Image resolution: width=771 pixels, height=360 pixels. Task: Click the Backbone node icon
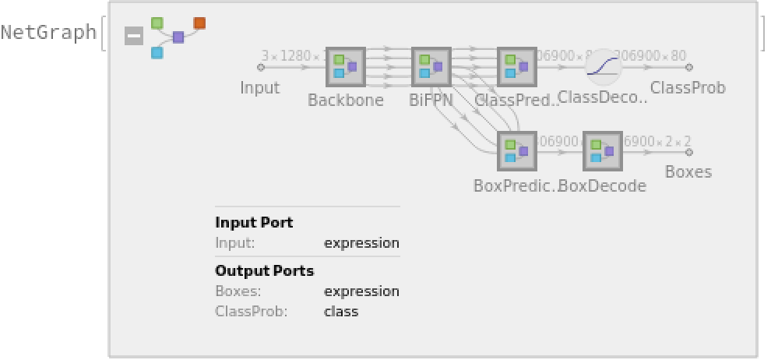(x=345, y=67)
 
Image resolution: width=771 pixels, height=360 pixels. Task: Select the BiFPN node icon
(x=431, y=67)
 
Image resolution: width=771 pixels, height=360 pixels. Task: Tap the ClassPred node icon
(x=516, y=67)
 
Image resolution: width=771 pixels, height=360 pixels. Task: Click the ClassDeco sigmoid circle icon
(x=604, y=67)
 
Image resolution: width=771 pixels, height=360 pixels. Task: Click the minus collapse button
(x=134, y=36)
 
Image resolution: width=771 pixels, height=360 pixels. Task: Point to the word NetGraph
(x=48, y=33)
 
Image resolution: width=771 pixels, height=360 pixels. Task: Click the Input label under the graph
(x=260, y=87)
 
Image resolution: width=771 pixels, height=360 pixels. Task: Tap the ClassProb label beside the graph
(x=688, y=88)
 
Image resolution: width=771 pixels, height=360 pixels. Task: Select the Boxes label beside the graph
(x=688, y=171)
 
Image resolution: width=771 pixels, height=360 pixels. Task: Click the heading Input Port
(x=254, y=222)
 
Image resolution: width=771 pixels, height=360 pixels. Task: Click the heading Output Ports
(x=265, y=271)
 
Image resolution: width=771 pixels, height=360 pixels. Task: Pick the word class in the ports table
(x=341, y=312)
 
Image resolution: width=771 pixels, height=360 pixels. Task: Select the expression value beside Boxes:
(x=361, y=291)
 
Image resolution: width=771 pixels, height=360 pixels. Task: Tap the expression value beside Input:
(x=361, y=243)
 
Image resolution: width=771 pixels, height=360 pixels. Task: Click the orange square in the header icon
(x=199, y=23)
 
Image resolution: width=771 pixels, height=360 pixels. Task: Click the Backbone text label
(x=346, y=101)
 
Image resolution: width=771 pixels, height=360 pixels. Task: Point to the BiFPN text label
(x=431, y=101)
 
